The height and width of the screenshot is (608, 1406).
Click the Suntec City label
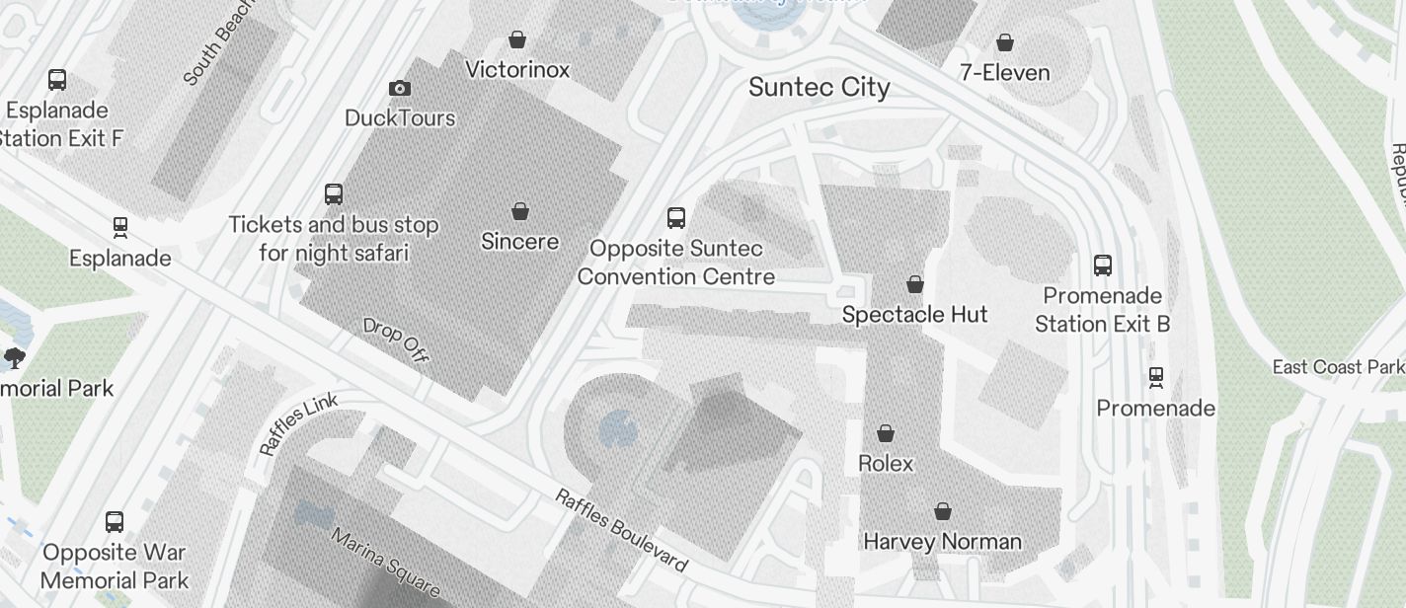pyautogui.click(x=819, y=87)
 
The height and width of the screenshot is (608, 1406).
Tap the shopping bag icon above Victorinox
pyautogui.click(x=516, y=39)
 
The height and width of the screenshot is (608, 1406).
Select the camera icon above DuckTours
pyautogui.click(x=400, y=89)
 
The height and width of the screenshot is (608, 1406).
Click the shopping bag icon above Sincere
pyautogui.click(x=520, y=211)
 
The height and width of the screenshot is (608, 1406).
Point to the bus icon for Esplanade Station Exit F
pyautogui.click(x=57, y=80)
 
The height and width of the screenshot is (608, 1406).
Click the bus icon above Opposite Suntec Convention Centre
pyautogui.click(x=676, y=218)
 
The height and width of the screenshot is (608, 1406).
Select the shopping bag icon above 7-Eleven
pyautogui.click(x=1004, y=42)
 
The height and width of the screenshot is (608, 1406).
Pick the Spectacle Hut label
pyautogui.click(x=914, y=315)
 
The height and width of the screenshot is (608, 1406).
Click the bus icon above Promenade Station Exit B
pyautogui.click(x=1103, y=266)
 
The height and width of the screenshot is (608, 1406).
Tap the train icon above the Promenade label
pyautogui.click(x=1155, y=377)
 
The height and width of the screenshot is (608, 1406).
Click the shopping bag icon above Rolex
pyautogui.click(x=886, y=433)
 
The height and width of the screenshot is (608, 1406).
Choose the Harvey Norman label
pyautogui.click(x=942, y=542)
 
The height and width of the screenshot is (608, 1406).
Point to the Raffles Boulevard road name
pyautogui.click(x=620, y=530)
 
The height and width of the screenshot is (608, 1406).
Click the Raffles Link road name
pyautogui.click(x=298, y=423)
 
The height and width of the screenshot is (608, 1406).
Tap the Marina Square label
pyautogui.click(x=385, y=564)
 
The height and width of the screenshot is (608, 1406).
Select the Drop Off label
pyautogui.click(x=395, y=340)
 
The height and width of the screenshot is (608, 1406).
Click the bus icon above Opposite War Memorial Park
pyautogui.click(x=115, y=521)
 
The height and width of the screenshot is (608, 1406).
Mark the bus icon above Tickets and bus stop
pyautogui.click(x=334, y=193)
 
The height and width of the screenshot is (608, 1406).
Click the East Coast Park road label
pyautogui.click(x=1337, y=367)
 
